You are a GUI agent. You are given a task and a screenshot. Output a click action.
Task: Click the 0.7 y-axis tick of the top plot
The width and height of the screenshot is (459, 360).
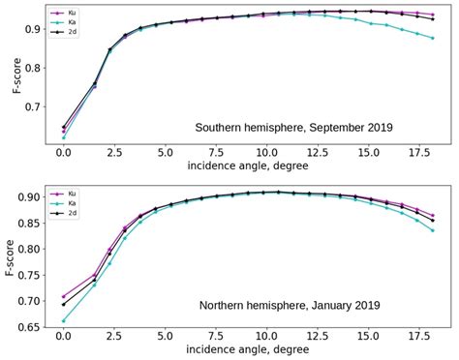tap(33, 107)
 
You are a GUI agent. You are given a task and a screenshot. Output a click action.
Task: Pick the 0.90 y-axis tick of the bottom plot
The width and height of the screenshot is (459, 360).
tap(30, 197)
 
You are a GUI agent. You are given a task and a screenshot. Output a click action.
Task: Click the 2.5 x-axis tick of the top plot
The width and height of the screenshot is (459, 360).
tap(113, 151)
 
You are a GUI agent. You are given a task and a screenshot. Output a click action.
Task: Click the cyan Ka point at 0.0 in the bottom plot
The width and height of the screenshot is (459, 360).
tap(63, 320)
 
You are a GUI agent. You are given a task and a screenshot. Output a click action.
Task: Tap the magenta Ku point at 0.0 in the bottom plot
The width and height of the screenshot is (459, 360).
tap(63, 296)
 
